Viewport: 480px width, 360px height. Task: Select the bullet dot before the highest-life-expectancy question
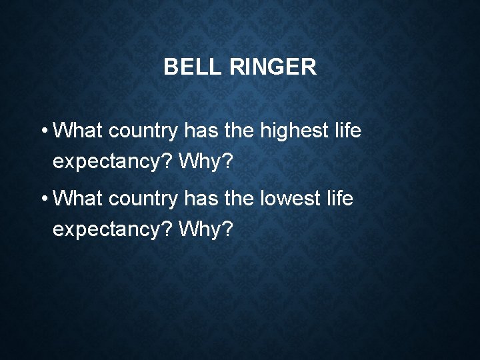[43, 131]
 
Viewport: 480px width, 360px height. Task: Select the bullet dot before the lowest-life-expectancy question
[43, 199]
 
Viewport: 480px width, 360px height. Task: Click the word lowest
[289, 198]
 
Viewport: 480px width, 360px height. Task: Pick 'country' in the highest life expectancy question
[143, 131]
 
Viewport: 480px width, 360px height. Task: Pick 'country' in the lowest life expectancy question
[143, 199]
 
